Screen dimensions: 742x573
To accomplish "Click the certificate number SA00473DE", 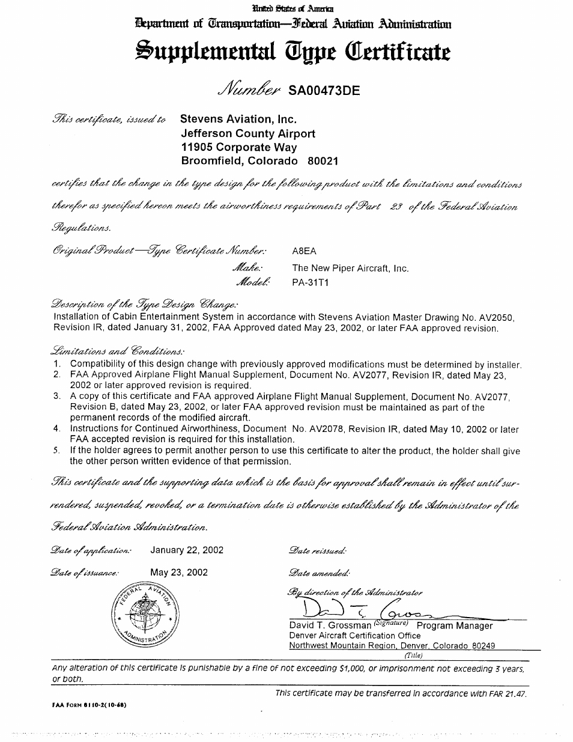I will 324,91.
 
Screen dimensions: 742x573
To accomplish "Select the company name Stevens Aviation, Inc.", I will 238,119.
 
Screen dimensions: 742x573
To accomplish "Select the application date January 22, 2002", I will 187,550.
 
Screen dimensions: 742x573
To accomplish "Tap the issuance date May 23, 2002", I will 178,572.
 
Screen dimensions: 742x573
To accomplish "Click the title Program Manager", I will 454,625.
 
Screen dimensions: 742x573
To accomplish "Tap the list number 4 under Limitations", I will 56,429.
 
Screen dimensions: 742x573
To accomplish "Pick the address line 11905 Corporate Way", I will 238,147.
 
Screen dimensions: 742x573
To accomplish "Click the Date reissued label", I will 318,550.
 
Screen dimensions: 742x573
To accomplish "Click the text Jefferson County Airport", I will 247,133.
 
